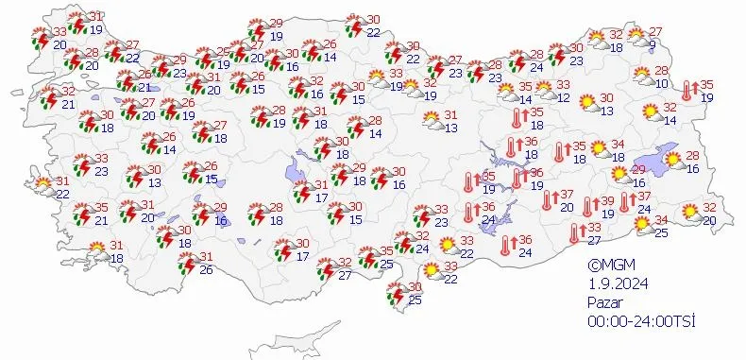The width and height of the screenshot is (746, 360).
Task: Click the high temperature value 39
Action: [x=608, y=201]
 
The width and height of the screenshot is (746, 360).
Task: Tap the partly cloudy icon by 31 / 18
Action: [x=98, y=251]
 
